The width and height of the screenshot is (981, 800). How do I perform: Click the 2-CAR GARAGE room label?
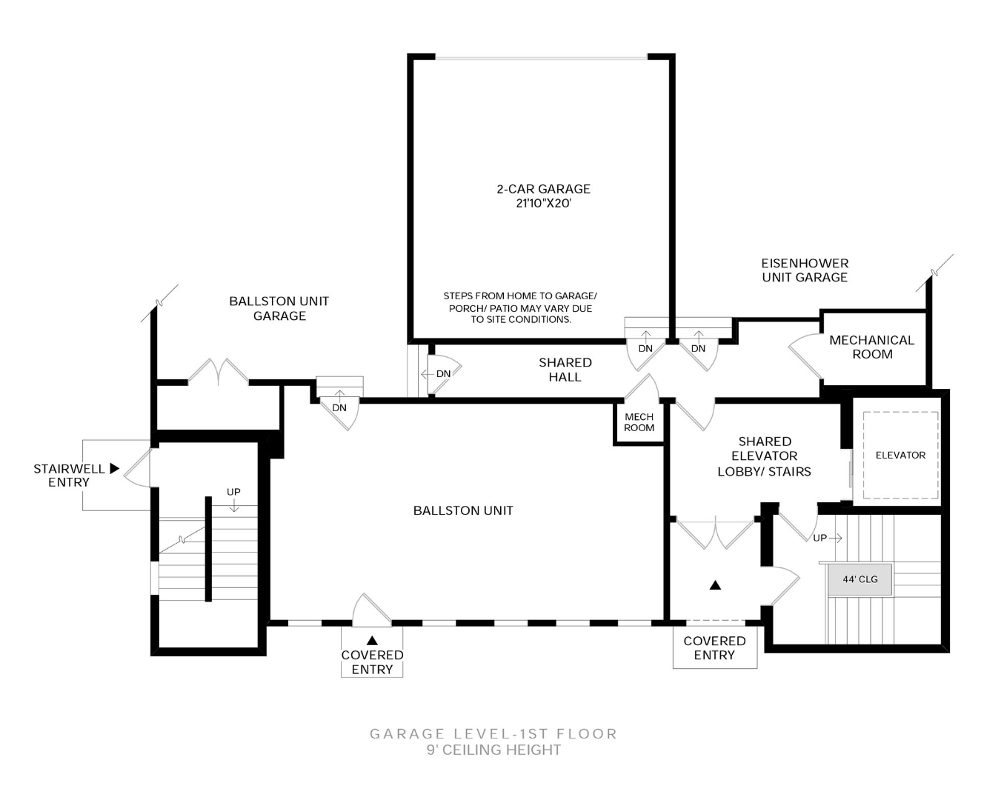coord(543,189)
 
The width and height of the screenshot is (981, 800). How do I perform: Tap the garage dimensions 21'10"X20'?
coord(543,203)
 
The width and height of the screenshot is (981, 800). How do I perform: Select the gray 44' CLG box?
coord(859,579)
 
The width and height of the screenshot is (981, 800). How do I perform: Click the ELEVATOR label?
coord(900,455)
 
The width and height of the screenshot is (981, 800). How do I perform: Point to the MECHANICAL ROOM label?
coord(871,347)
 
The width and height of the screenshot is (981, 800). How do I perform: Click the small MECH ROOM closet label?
coord(639,422)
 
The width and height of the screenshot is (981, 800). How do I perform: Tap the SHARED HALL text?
coord(565,369)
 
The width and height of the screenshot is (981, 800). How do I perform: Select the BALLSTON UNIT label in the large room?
coord(463,510)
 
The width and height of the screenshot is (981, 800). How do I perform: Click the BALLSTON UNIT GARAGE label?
coord(279,308)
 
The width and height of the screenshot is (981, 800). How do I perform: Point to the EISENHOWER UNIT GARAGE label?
coord(805,270)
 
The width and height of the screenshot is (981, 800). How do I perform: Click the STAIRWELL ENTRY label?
coord(69,475)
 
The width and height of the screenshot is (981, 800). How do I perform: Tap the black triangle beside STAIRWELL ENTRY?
coord(114,468)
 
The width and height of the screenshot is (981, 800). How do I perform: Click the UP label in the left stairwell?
coord(233,492)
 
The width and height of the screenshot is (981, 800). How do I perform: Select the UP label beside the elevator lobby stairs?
coord(819,538)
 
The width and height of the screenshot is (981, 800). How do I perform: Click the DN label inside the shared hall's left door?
coord(443,373)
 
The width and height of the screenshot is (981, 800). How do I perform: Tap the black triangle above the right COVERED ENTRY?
coord(715,585)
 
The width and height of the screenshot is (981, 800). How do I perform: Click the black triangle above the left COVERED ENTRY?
coord(372,640)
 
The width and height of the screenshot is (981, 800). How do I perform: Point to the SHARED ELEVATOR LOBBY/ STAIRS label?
coord(764,456)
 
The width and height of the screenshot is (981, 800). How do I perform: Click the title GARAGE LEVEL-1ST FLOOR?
coord(493,733)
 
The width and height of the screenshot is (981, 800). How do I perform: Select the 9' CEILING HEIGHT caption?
coord(493,750)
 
